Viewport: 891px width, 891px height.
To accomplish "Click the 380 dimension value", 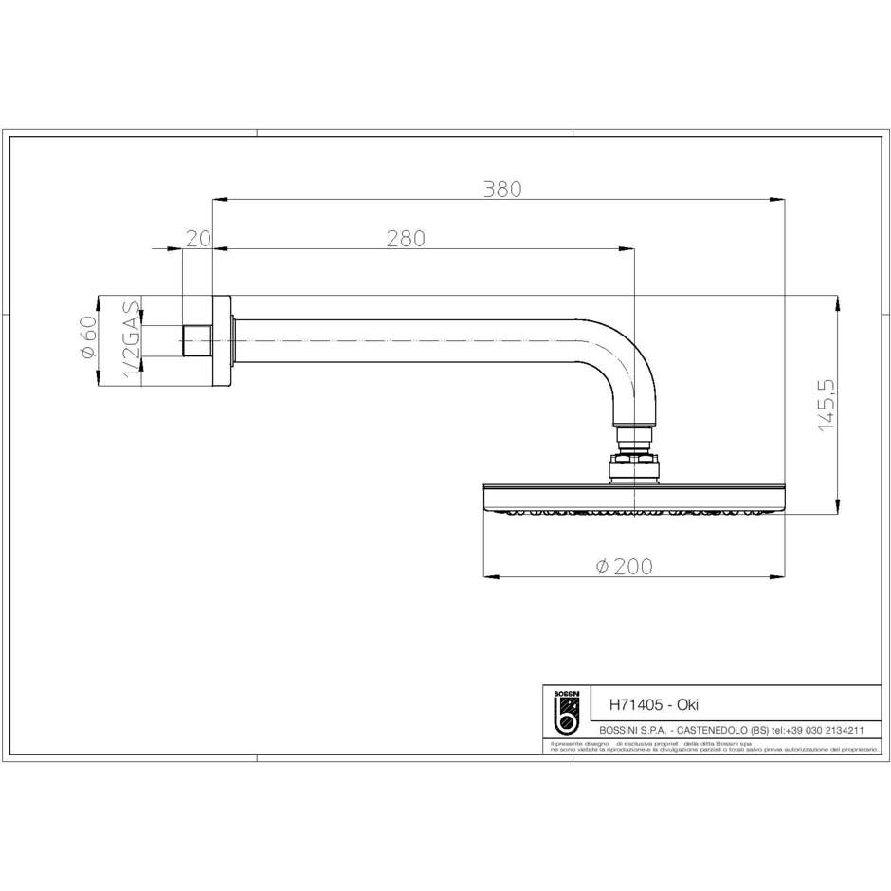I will [x=502, y=189].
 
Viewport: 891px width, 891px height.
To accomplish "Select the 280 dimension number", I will [x=406, y=239].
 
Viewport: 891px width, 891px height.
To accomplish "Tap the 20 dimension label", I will [x=197, y=239].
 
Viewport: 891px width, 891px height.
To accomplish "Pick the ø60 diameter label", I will [x=89, y=338].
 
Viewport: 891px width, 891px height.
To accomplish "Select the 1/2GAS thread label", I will [x=132, y=341].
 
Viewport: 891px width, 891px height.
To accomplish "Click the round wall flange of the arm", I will [x=223, y=340].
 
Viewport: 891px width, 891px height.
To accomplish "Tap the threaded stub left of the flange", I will [x=196, y=340].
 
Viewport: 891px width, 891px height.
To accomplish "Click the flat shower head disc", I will [x=633, y=497].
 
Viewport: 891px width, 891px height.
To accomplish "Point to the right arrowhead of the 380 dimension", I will [x=779, y=199].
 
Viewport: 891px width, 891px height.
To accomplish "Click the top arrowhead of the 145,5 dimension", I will [x=839, y=302].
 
